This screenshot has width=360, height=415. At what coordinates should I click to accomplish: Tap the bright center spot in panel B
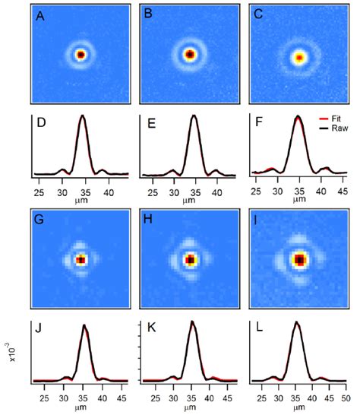tap(189, 55)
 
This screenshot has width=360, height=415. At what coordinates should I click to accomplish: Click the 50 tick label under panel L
tap(346, 397)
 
